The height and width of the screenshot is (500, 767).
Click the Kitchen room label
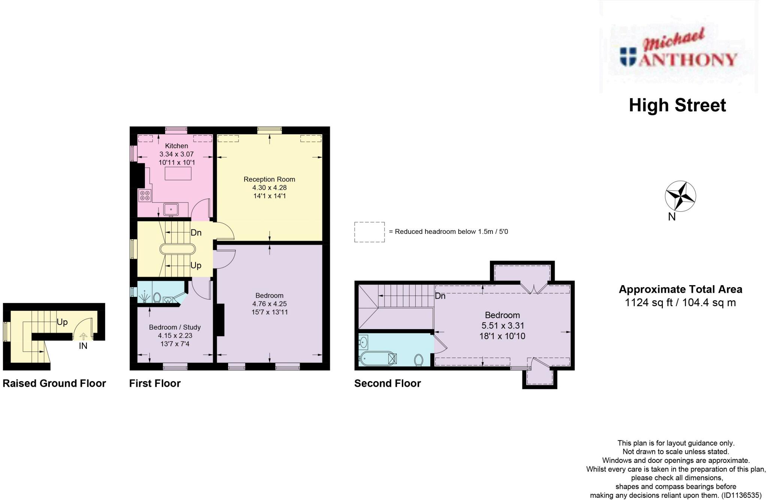176,146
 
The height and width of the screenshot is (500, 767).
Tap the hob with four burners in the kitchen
145,195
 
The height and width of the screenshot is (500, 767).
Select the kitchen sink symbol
171,209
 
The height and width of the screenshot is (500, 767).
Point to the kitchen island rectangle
178,174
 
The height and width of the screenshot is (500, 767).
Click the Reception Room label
269,179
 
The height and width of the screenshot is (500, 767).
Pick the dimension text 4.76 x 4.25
269,304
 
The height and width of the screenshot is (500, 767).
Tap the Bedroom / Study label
175,327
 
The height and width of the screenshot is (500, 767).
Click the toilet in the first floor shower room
157,298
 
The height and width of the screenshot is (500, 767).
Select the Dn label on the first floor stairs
196,232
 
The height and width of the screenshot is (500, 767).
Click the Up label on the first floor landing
196,265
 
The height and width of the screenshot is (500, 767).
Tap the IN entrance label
83,346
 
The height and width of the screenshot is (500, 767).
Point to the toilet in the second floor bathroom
419,360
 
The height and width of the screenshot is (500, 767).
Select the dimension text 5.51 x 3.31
503,325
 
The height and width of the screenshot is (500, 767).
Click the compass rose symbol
680,196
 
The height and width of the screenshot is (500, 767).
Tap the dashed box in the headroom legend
369,232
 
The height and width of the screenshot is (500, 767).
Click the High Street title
677,105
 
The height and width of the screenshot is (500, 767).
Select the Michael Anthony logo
678,52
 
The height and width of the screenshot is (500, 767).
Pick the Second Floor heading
387,383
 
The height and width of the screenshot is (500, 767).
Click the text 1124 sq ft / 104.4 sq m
680,302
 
